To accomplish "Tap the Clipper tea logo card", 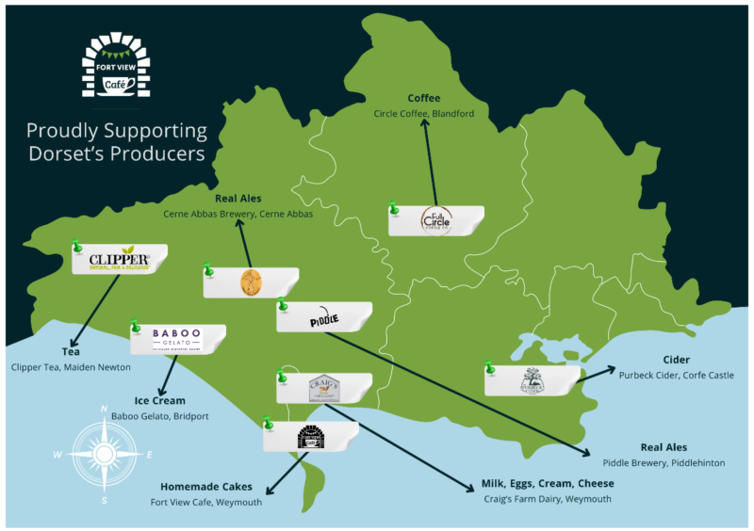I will (x=120, y=260).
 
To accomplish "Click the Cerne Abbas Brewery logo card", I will (x=251, y=282).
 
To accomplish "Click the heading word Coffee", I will (x=424, y=98).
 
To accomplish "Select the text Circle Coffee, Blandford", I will (x=424, y=114).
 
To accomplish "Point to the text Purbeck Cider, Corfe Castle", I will (x=676, y=375).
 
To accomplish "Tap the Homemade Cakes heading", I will (x=206, y=487).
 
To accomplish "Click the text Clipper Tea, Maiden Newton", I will (x=71, y=366).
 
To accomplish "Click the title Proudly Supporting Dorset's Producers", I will (x=118, y=140).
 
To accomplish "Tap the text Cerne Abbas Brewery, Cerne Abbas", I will (x=238, y=214).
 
